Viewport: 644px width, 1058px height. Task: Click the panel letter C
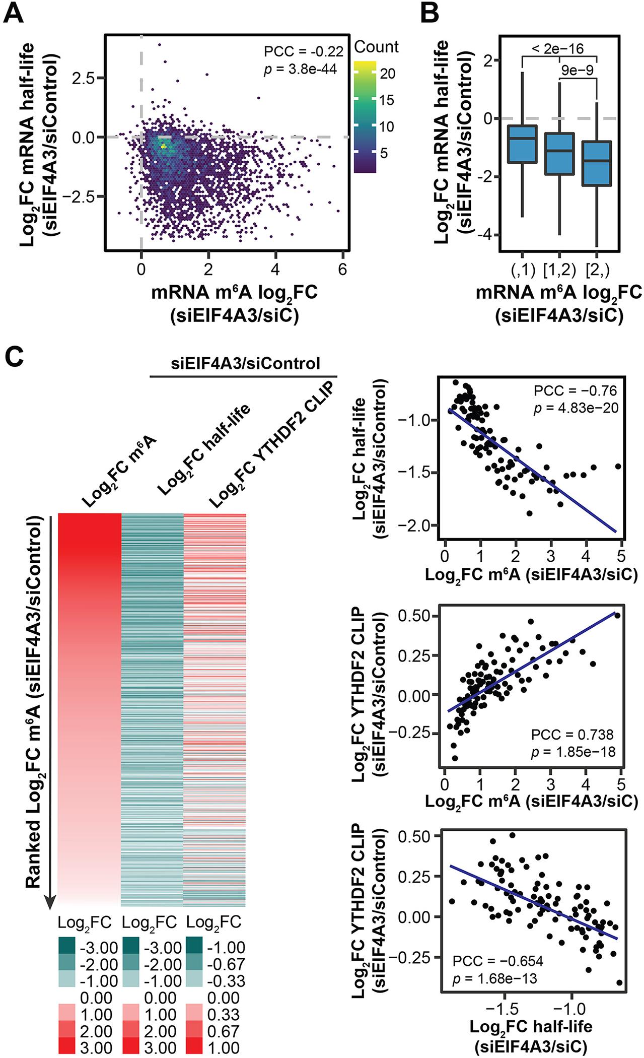click(x=15, y=360)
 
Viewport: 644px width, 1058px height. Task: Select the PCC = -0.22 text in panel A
click(x=303, y=51)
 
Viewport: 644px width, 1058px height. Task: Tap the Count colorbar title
click(x=376, y=47)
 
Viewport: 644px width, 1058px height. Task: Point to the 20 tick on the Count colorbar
click(x=387, y=74)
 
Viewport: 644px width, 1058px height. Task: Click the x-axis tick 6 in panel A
click(x=342, y=270)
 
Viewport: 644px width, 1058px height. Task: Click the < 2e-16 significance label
click(x=557, y=48)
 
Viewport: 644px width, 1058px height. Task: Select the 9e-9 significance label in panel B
click(x=577, y=70)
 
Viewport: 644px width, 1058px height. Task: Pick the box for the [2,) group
click(x=596, y=164)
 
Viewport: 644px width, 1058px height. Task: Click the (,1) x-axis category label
click(x=522, y=270)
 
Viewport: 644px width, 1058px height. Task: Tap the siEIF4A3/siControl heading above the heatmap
click(x=245, y=364)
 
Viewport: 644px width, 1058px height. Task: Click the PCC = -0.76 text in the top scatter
click(x=575, y=391)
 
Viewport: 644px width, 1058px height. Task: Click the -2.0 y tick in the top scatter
click(x=416, y=525)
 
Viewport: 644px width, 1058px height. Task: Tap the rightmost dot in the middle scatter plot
click(x=618, y=616)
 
